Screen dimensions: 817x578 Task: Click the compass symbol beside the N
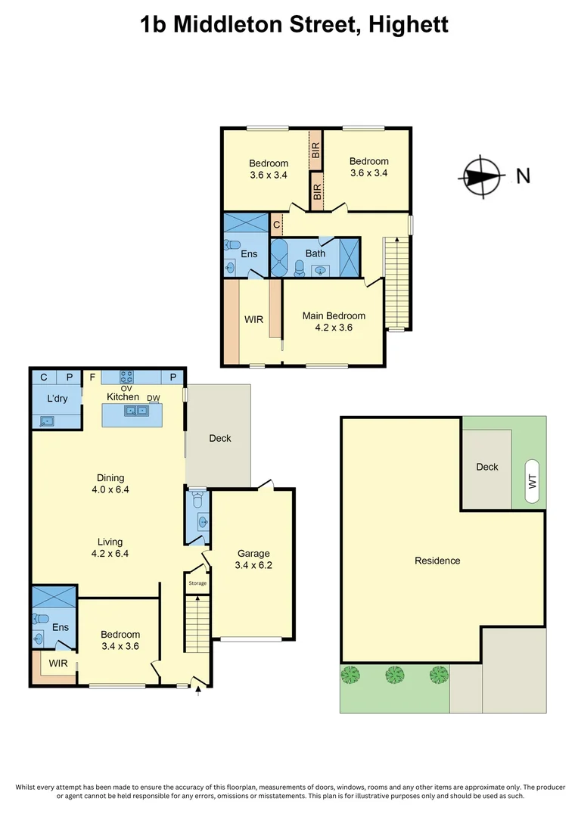click(480, 177)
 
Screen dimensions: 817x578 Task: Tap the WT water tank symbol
click(532, 473)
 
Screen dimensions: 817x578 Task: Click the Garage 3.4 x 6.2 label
click(253, 559)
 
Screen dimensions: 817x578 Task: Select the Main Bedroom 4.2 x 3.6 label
click(334, 322)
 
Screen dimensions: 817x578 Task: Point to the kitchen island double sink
click(137, 411)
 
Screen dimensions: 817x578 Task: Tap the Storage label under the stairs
click(197, 583)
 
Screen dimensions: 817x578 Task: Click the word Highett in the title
click(409, 24)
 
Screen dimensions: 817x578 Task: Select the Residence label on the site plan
click(437, 561)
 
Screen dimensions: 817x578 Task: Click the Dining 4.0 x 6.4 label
click(110, 483)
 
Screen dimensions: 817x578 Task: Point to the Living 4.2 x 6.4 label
click(110, 548)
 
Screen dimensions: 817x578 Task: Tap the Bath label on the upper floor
click(315, 253)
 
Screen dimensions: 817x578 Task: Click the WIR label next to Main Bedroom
click(253, 320)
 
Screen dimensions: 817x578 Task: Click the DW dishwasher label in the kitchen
click(154, 398)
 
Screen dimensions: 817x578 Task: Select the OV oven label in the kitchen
click(126, 389)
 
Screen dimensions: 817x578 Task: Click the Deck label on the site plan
click(487, 467)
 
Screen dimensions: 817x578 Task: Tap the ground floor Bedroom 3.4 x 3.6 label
click(120, 640)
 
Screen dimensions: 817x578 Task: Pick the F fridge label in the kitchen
click(92, 377)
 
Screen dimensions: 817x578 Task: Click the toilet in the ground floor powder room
click(197, 499)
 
